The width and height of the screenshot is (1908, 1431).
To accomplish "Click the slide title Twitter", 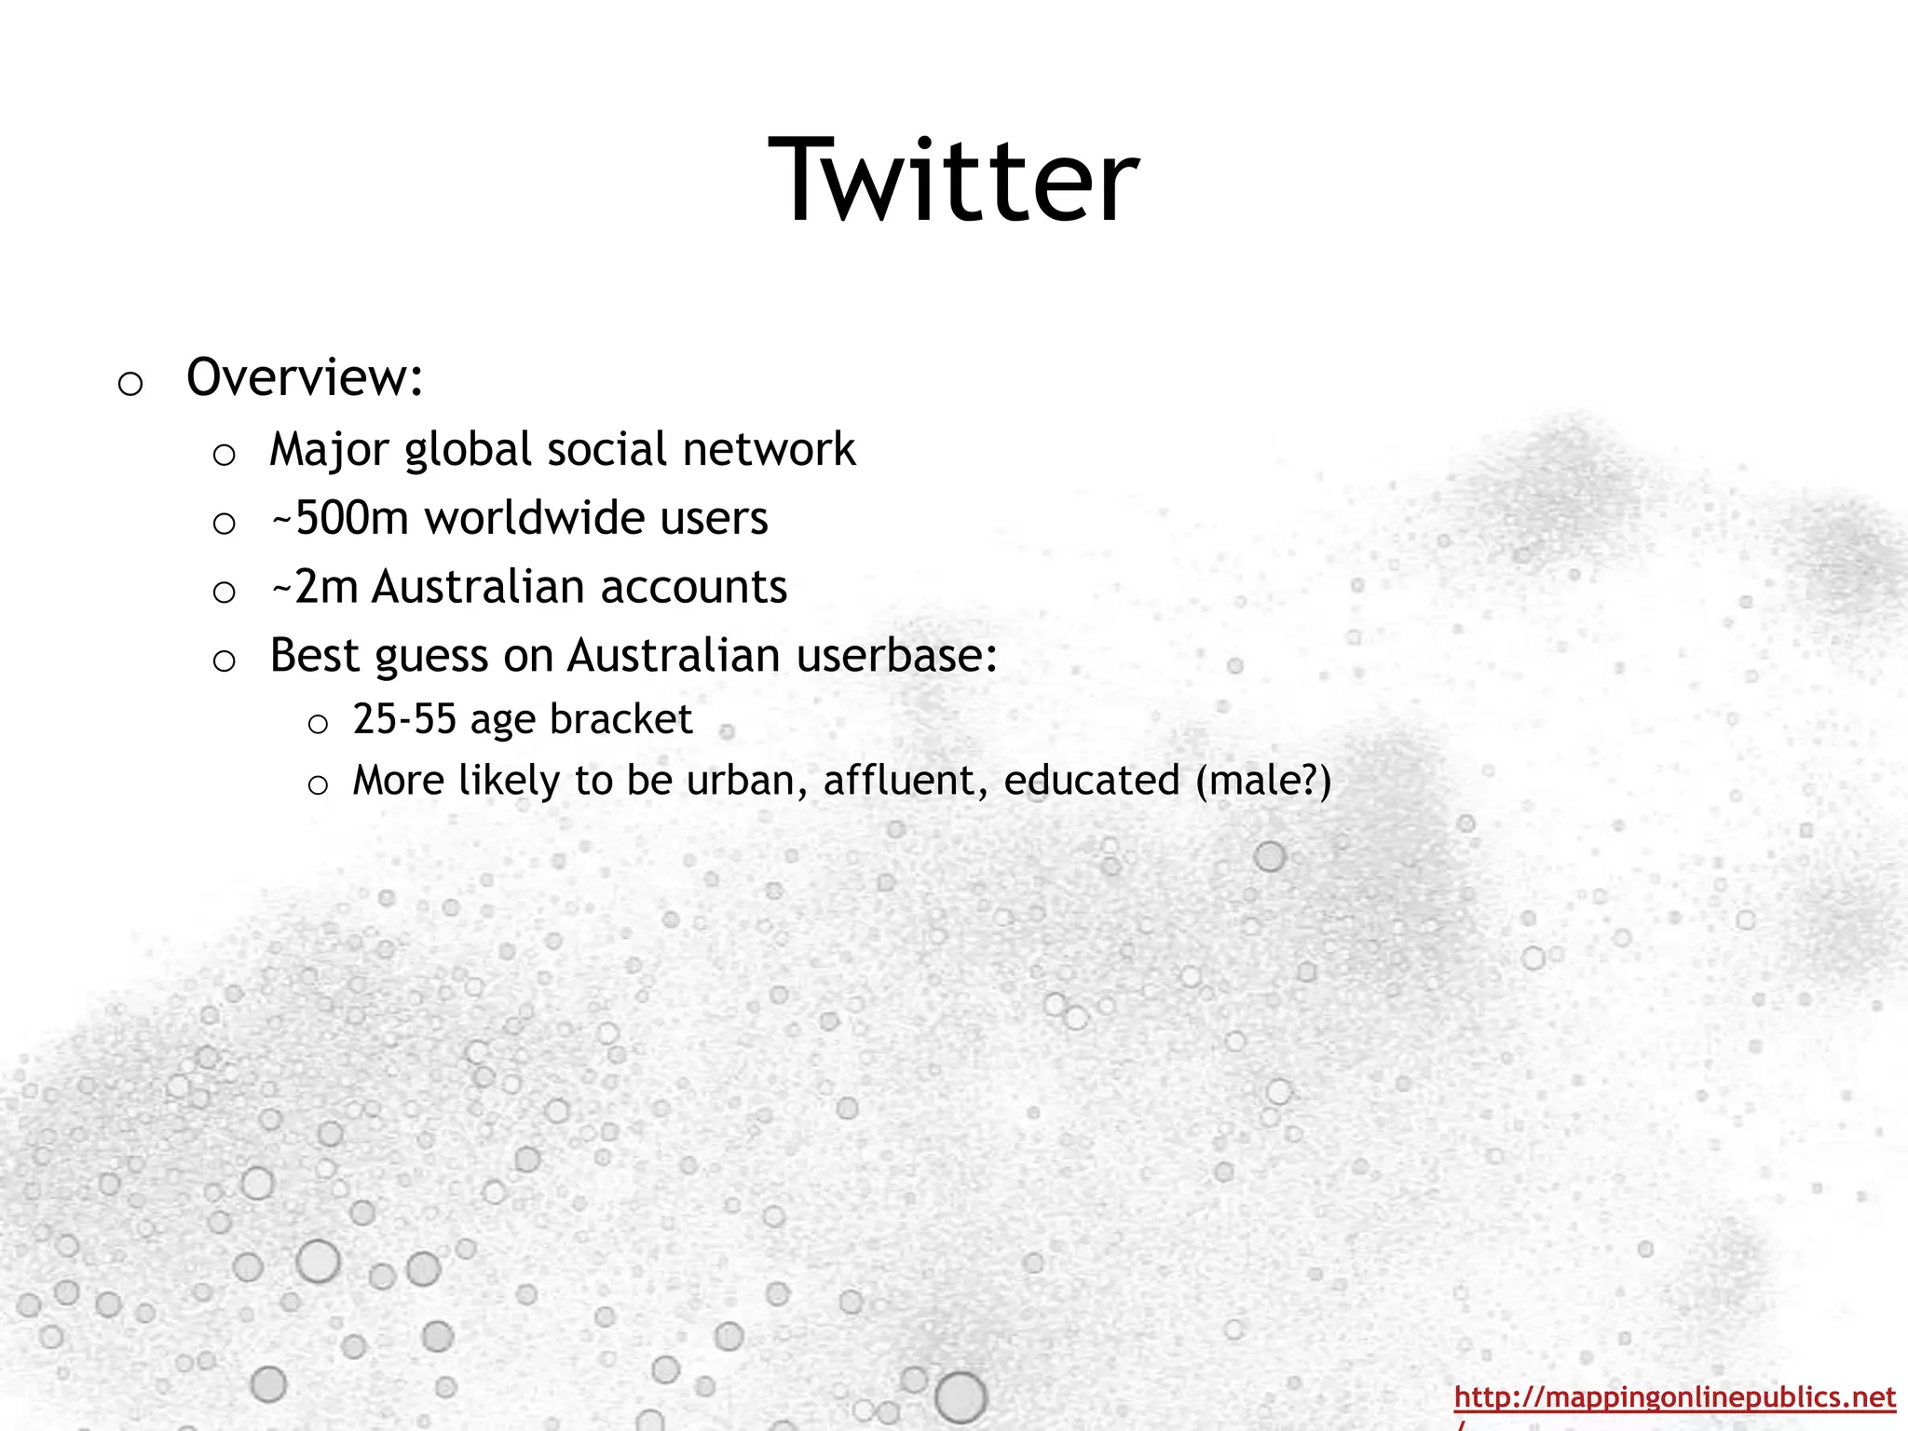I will coord(953,179).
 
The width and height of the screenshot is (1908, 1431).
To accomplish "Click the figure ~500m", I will coord(339,518).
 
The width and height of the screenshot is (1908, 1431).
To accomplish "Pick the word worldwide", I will coord(535,518).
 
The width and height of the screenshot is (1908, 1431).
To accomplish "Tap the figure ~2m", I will coord(314,587).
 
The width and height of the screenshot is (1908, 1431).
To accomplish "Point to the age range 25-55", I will coord(404,719).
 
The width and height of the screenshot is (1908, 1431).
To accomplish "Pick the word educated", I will coord(1092,781).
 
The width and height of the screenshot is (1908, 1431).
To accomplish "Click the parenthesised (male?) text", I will coord(1263,781).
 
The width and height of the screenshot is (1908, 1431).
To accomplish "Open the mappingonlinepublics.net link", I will coord(1674,1397).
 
